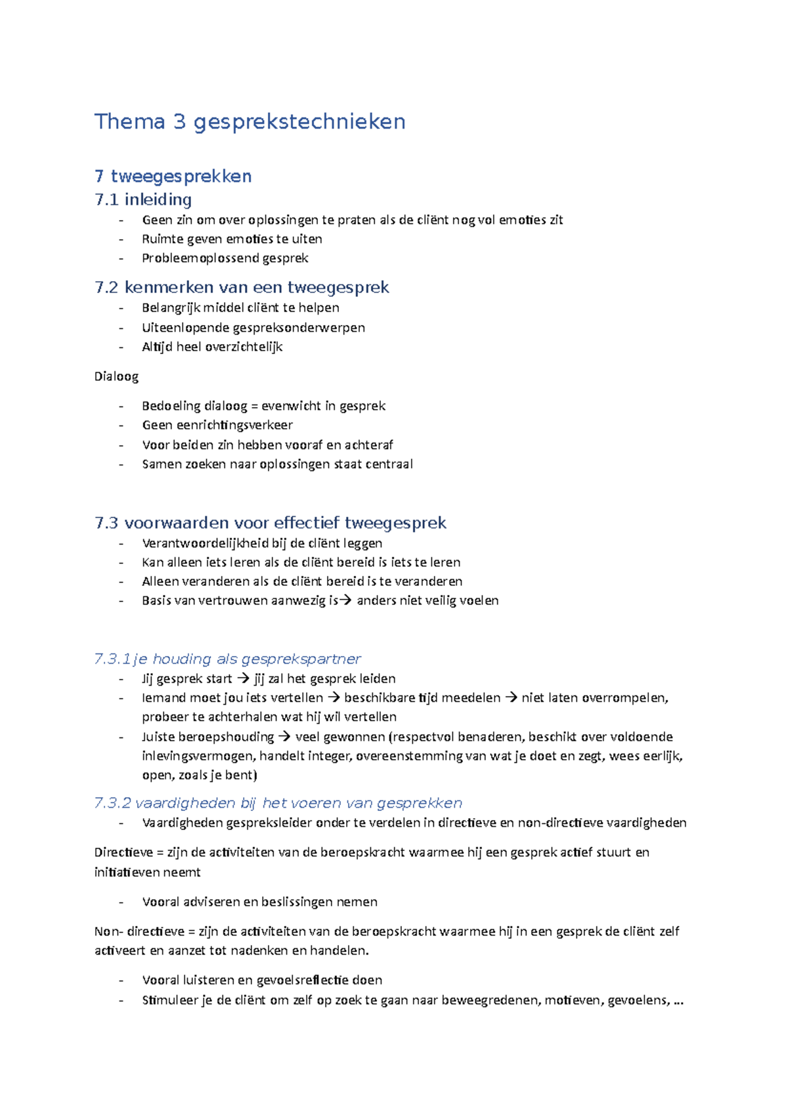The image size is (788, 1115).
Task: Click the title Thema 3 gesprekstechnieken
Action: [x=250, y=121]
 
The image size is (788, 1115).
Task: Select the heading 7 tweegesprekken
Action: [x=173, y=176]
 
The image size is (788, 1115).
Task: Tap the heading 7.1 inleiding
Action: [x=143, y=199]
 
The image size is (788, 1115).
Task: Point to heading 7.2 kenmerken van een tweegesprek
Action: [x=242, y=287]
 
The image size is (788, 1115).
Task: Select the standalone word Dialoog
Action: [x=116, y=376]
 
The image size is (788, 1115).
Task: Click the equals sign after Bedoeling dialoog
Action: [x=255, y=406]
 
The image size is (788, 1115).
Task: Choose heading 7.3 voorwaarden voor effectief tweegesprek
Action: [x=270, y=523]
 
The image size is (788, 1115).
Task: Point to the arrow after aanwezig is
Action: [x=345, y=600]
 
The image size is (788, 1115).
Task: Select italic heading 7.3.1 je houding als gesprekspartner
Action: [x=227, y=659]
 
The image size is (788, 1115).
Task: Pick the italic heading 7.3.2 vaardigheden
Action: [x=278, y=802]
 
